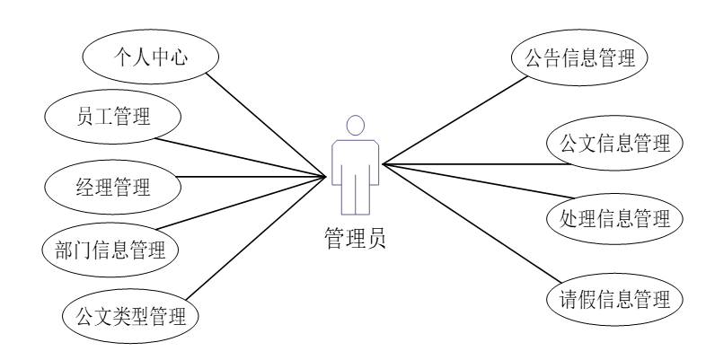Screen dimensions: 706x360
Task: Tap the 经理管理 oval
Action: [x=112, y=187]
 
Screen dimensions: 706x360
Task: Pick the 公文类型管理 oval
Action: [x=129, y=315]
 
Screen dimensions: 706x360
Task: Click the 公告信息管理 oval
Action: [x=578, y=59]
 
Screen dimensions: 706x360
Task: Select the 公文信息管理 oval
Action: [x=609, y=142]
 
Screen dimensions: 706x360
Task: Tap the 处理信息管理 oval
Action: [x=609, y=218]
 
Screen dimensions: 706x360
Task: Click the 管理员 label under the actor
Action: [x=355, y=239]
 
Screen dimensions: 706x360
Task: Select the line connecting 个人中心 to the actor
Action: [x=269, y=121]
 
